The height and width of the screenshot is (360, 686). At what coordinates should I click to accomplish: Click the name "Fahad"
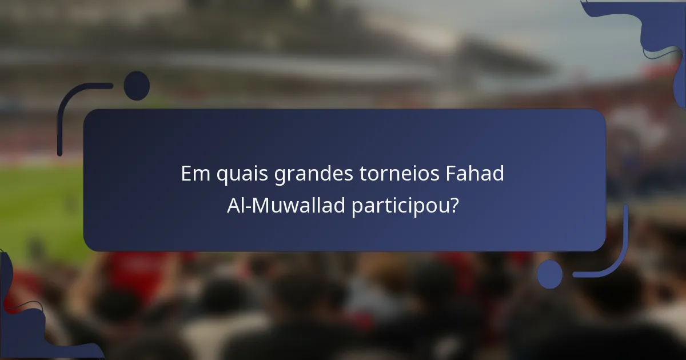pos(474,174)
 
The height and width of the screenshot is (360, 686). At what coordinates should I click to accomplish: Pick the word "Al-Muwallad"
pos(286,205)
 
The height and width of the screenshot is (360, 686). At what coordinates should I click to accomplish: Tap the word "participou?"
pos(405,205)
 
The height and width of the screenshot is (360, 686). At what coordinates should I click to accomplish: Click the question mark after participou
pos(454,205)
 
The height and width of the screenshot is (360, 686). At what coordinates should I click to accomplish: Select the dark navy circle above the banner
pos(137,86)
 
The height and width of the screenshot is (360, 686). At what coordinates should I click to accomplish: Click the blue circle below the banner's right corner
pos(549,274)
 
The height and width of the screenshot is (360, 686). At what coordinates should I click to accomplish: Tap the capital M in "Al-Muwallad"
pos(259,205)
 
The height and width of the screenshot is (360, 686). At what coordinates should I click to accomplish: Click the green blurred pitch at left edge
pos(34,211)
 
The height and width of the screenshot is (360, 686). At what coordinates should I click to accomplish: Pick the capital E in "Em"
pos(186,174)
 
